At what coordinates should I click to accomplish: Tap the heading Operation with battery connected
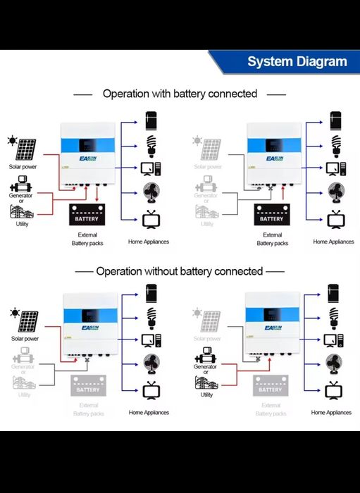click(180, 93)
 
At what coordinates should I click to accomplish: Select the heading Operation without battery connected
click(180, 271)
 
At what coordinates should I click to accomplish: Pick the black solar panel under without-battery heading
click(28, 322)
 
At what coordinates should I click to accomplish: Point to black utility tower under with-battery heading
click(22, 211)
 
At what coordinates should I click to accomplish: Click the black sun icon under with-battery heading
click(12, 141)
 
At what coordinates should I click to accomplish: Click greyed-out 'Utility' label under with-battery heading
click(206, 224)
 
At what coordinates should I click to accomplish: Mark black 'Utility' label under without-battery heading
click(206, 395)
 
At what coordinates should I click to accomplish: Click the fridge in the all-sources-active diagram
click(151, 118)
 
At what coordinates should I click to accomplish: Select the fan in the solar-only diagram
click(151, 364)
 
